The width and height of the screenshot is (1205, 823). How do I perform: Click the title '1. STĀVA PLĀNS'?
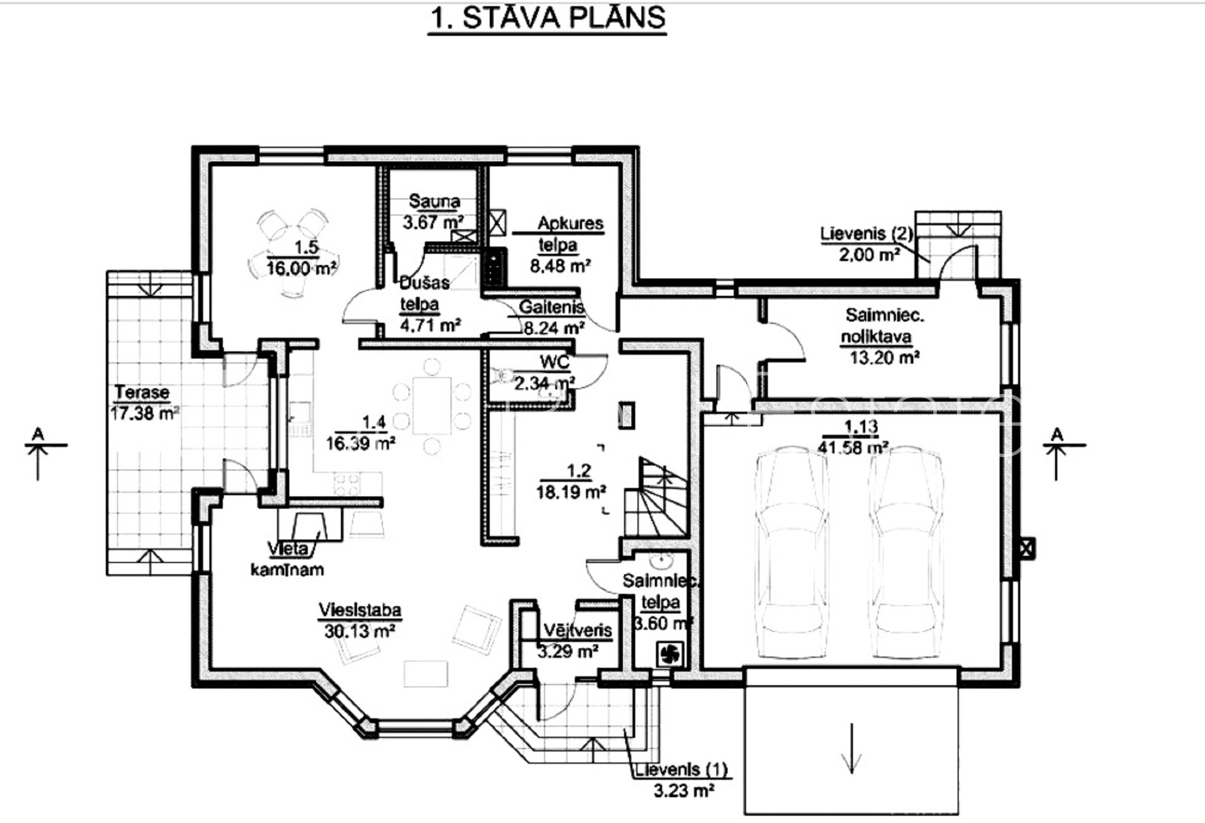tap(547, 18)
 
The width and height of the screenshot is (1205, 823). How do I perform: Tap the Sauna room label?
tap(434, 201)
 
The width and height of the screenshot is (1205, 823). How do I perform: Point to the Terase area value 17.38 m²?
tap(145, 413)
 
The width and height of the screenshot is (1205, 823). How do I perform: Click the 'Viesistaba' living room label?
tap(360, 610)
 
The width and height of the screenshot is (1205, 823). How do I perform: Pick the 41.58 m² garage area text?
tap(853, 448)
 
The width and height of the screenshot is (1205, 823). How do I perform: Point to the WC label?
tap(555, 362)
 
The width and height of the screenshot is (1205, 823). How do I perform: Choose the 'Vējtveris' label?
tap(578, 630)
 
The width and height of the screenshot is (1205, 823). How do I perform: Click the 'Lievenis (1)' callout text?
tap(682, 769)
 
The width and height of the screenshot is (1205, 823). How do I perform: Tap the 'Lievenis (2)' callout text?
tap(866, 233)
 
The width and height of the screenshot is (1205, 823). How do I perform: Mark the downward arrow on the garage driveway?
tap(851, 748)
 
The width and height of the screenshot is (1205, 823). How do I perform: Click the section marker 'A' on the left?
tap(38, 434)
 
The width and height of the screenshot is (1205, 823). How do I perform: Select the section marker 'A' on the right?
tap(1057, 434)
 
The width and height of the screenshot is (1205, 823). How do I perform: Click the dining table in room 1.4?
tap(432, 406)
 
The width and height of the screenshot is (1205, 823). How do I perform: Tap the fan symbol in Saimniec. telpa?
tap(669, 653)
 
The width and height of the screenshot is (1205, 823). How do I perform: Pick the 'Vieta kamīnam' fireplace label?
tap(287, 559)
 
